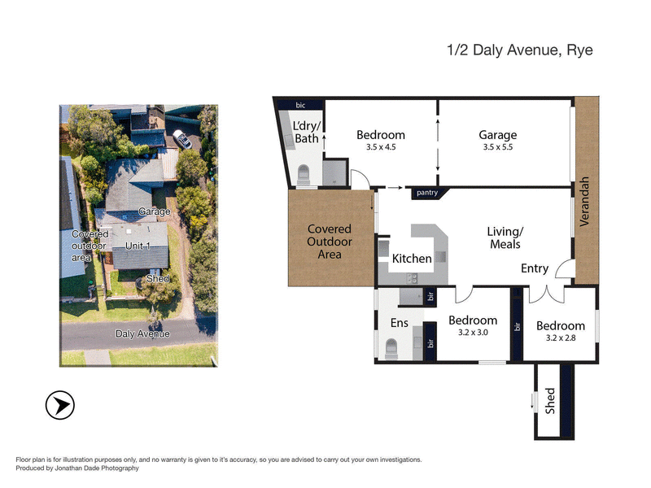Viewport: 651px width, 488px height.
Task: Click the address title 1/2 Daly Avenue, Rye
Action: pyautogui.click(x=520, y=50)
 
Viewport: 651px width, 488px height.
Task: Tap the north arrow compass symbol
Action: pyautogui.click(x=60, y=404)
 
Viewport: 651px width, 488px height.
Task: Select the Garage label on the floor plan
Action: pyautogui.click(x=497, y=135)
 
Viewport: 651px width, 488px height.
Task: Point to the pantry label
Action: pyautogui.click(x=426, y=193)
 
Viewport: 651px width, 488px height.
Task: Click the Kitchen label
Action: pyautogui.click(x=412, y=259)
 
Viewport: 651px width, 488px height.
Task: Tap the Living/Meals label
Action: pyautogui.click(x=504, y=237)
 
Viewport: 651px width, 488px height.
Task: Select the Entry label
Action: pyautogui.click(x=535, y=269)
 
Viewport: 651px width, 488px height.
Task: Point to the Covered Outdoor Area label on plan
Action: pyautogui.click(x=330, y=242)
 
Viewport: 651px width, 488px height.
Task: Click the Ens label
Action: pyautogui.click(x=399, y=323)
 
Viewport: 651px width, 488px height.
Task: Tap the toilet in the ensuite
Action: pyautogui.click(x=390, y=348)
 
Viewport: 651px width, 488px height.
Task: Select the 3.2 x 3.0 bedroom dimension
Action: pyautogui.click(x=473, y=333)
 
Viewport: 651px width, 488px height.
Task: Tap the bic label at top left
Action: pyautogui.click(x=299, y=105)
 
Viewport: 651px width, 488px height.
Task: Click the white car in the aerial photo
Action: pyautogui.click(x=182, y=140)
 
